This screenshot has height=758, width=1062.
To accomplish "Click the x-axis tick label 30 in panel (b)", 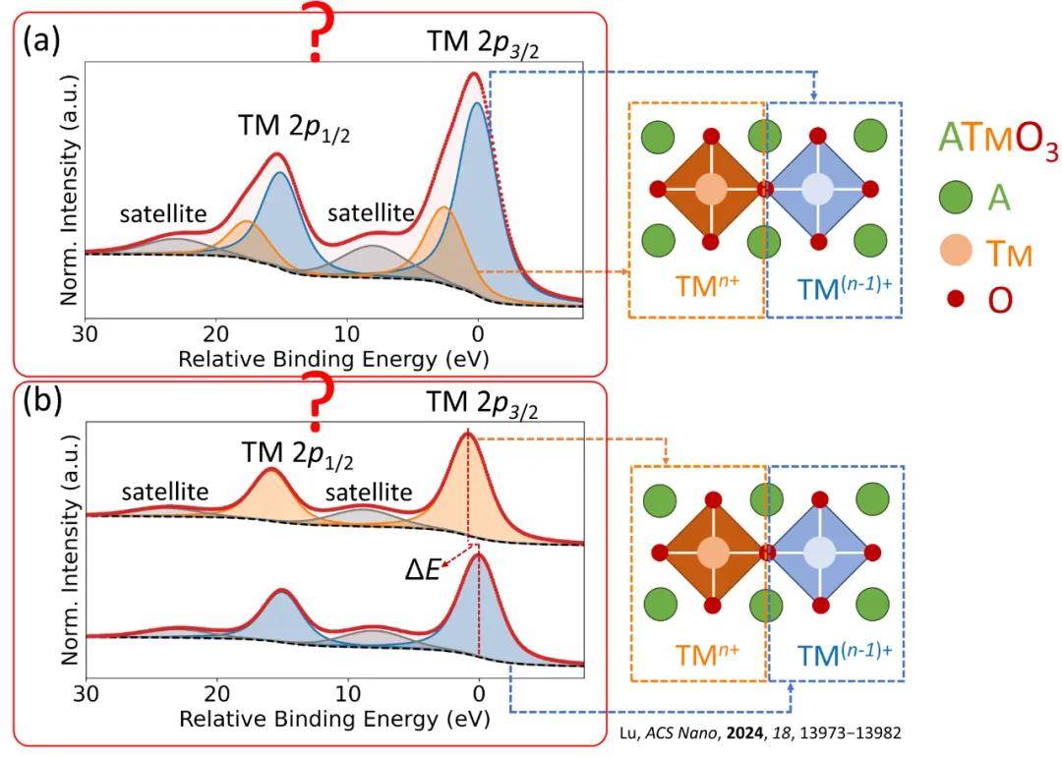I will (x=87, y=693).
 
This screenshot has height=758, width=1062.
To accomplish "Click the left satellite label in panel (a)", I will (x=163, y=212).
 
